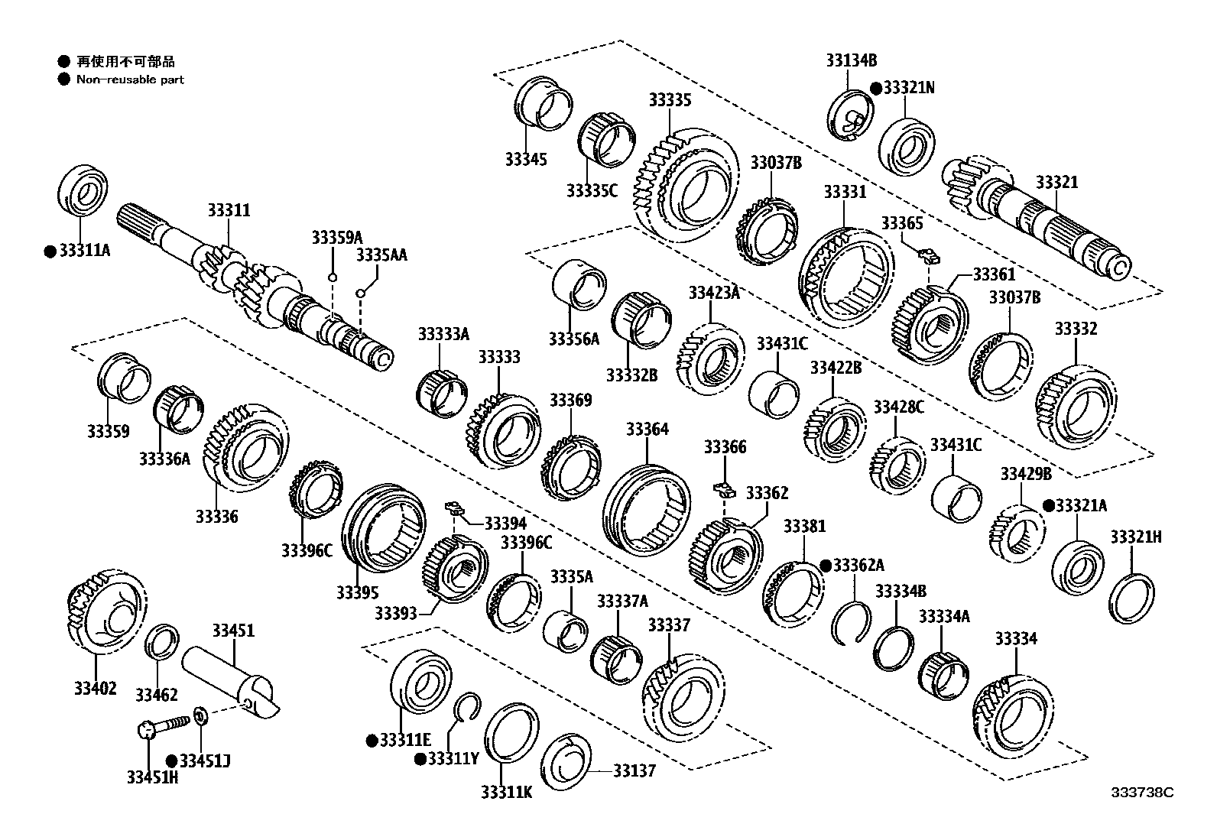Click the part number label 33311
tap(229, 210)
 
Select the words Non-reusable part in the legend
tap(130, 79)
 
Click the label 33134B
tap(851, 60)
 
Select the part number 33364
tap(647, 430)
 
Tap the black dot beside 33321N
tap(876, 88)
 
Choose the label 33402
tap(96, 689)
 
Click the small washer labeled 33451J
tap(200, 716)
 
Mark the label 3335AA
tap(381, 255)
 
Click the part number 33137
tap(634, 770)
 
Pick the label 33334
tap(1016, 638)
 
